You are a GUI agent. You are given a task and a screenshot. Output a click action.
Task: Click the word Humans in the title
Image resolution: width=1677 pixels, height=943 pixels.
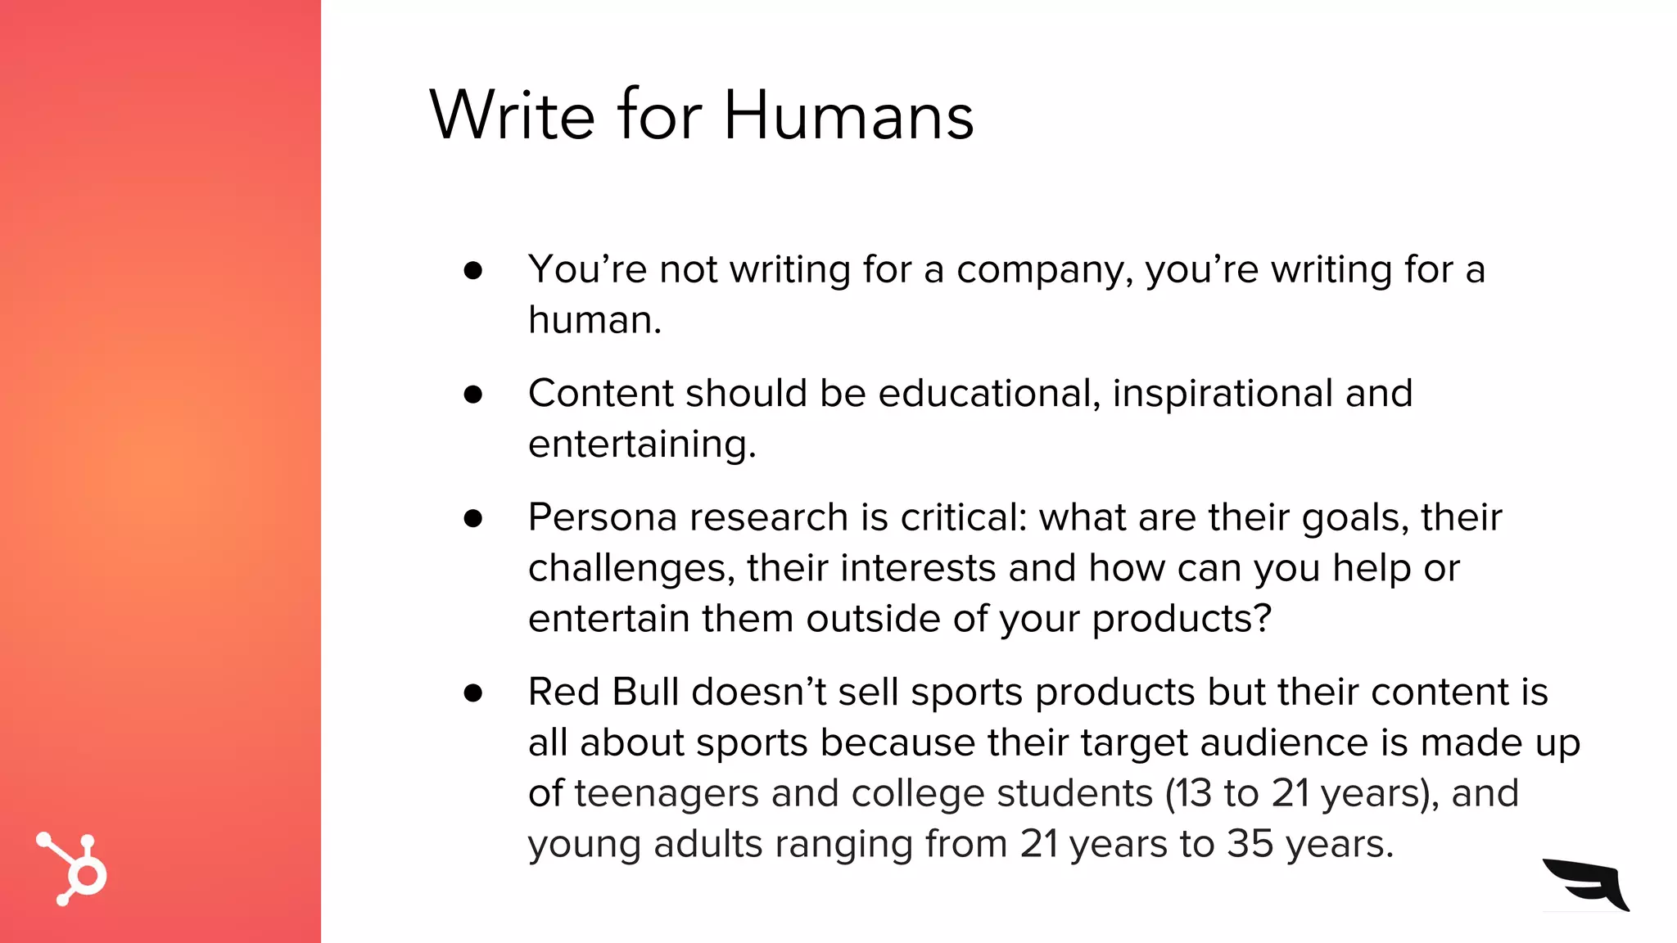point(848,115)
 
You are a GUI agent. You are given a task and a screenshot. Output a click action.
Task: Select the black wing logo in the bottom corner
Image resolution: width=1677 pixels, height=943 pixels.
point(1587,884)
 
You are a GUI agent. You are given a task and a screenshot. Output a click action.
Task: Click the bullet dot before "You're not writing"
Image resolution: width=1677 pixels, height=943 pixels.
point(472,270)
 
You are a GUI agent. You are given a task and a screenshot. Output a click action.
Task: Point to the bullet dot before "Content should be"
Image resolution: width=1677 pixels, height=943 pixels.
point(472,395)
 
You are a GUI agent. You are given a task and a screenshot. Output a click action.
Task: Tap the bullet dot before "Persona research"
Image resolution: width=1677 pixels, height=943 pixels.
point(472,518)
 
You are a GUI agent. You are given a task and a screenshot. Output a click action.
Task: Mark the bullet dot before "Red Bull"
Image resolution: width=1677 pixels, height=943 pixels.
point(472,693)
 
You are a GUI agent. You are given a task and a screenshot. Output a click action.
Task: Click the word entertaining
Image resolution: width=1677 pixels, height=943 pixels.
point(641,444)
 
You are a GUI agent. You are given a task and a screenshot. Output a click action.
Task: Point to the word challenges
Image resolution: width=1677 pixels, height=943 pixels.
point(631,569)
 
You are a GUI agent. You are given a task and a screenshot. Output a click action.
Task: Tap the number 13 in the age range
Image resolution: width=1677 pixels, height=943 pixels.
point(1191,794)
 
